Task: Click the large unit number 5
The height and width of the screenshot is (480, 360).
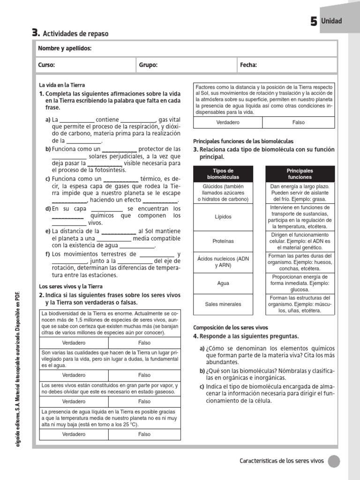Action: [314, 22]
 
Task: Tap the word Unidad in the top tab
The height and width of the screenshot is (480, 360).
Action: [331, 21]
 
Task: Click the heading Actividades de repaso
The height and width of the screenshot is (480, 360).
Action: [75, 34]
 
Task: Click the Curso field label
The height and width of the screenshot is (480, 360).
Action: [47, 65]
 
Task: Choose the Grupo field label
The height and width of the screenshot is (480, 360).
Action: [148, 65]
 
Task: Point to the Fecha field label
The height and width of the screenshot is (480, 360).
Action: [248, 65]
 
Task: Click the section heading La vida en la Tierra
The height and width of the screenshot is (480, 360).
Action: [62, 85]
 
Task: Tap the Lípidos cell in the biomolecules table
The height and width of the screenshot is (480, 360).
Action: [223, 217]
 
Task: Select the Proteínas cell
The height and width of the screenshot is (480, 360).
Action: [223, 241]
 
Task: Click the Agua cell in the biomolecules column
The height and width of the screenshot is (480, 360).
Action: [223, 284]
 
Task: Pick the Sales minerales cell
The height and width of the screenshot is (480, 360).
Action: [223, 304]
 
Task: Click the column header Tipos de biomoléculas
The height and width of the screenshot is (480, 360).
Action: [223, 174]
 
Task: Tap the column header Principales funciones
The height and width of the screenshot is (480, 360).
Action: [300, 174]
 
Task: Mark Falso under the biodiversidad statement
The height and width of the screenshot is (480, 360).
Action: [144, 343]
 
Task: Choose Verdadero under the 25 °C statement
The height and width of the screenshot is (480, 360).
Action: [74, 434]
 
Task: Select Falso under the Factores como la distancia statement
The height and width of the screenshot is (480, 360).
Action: [298, 122]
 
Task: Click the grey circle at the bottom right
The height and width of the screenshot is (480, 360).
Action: [334, 461]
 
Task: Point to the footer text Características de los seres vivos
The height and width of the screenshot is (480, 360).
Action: [281, 461]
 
